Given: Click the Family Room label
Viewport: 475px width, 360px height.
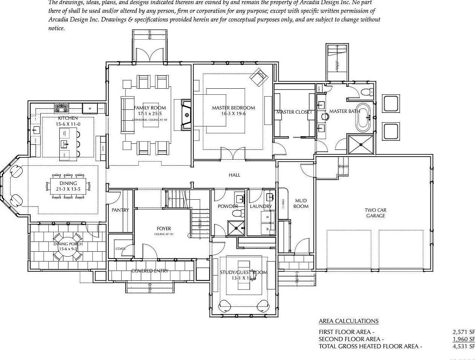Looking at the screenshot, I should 150,108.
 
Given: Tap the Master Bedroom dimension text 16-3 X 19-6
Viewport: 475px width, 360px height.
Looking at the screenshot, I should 233,113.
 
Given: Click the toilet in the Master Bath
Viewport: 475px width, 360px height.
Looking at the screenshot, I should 366,92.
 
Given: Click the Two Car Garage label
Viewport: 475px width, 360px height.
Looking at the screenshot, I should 375,213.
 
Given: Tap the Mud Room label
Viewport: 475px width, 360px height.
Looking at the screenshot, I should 301,203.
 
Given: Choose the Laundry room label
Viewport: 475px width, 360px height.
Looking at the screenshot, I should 261,206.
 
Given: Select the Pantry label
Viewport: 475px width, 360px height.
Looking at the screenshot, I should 120,210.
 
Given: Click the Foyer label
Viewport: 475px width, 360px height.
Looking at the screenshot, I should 164,229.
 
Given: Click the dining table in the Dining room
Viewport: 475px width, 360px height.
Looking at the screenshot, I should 68,186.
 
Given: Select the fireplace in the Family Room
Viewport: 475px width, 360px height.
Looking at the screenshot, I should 187,115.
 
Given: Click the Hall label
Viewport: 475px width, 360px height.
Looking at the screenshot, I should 234,175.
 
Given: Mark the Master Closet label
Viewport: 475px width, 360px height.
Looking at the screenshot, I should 294,112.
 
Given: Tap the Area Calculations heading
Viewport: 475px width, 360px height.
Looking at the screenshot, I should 348,321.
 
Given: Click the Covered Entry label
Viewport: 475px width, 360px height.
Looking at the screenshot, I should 150,271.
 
